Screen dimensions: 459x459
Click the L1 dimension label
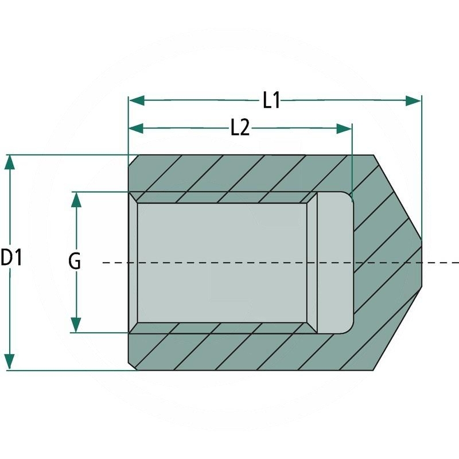point(271,101)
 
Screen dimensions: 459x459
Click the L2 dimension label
point(240,129)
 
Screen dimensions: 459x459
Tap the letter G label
point(75,262)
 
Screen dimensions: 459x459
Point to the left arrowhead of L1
point(136,101)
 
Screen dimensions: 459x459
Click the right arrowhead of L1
point(414,101)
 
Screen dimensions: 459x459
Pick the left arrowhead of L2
point(136,129)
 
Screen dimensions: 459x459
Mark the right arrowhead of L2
point(344,129)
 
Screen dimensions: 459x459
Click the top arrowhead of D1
point(9,162)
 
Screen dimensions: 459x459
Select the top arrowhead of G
point(75,199)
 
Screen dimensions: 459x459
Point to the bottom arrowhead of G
point(75,325)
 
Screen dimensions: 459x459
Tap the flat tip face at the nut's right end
point(423,262)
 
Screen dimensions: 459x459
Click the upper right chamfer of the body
point(399,196)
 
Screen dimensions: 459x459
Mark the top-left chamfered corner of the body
point(132,159)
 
